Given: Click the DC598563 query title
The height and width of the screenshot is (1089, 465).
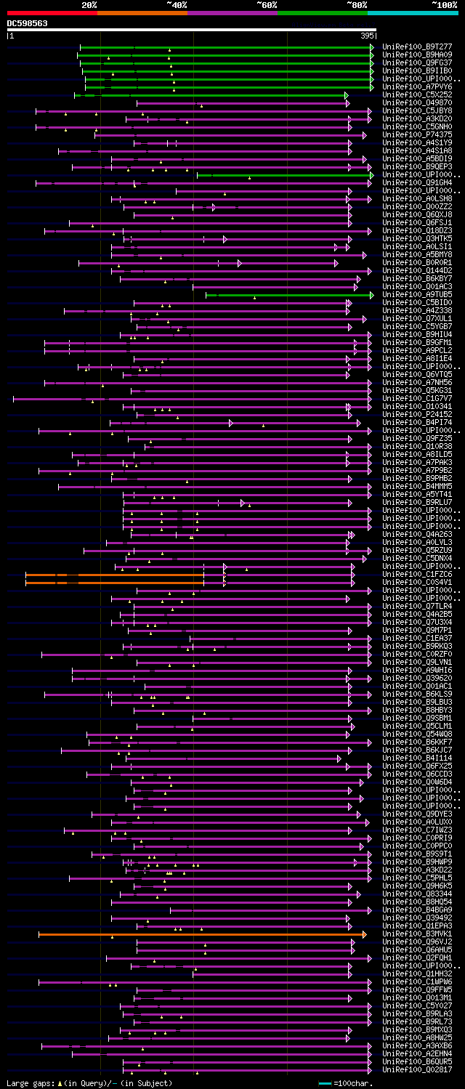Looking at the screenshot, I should click(28, 23).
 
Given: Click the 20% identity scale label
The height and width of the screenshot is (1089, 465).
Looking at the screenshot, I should click(89, 4).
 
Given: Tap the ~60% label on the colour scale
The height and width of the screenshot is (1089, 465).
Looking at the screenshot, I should click(267, 4).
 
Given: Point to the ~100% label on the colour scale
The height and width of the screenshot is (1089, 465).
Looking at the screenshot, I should click(444, 4).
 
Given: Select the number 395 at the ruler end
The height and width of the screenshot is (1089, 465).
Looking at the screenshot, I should click(367, 35).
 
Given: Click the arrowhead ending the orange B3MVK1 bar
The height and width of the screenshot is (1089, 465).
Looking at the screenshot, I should click(364, 934).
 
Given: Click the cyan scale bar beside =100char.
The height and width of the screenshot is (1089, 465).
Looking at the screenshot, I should click(325, 1083).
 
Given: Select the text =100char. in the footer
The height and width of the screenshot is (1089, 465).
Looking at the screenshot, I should click(354, 1083).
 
